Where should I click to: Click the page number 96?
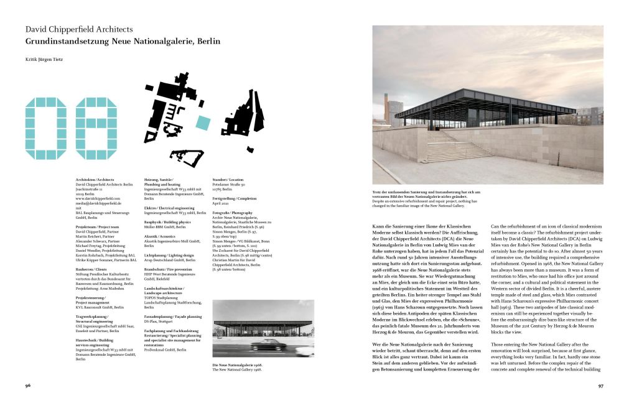[x=28, y=386]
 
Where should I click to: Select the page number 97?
[x=600, y=386]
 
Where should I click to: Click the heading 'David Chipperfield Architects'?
[x=79, y=29]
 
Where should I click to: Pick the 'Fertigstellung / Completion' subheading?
[x=236, y=198]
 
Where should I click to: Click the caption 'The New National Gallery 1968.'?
[x=236, y=369]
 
